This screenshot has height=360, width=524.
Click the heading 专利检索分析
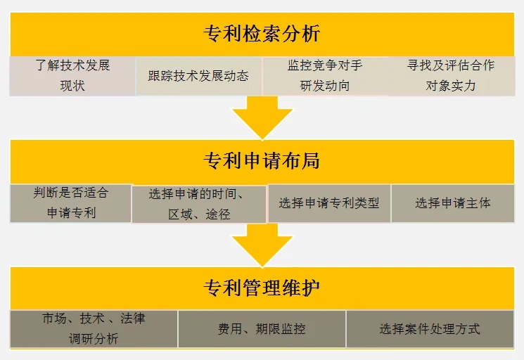tap(262, 32)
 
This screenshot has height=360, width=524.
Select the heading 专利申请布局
tap(262, 161)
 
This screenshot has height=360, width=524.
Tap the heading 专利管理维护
tap(262, 288)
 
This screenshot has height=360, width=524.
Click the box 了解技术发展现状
tap(72, 76)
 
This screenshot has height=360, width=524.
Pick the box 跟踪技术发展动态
tap(198, 76)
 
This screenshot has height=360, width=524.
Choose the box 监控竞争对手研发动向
tap(325, 76)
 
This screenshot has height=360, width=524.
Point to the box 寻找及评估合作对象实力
tap(451, 76)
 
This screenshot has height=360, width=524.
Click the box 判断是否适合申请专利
tap(70, 202)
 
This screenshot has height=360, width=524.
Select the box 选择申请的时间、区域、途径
tap(199, 204)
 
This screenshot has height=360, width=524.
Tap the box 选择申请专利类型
tap(329, 203)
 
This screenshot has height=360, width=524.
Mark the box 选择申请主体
tap(452, 203)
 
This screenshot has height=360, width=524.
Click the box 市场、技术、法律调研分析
tap(94, 328)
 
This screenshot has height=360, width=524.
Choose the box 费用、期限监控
tap(262, 328)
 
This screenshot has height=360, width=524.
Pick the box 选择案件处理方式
tap(430, 328)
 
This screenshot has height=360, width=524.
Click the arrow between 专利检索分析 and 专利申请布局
tap(262, 117)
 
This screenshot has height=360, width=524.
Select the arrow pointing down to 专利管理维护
tap(262, 245)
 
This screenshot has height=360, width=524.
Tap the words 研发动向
tap(325, 86)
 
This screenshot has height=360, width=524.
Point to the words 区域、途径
tap(199, 214)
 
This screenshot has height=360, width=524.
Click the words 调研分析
tap(94, 338)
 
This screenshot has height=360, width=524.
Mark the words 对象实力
tap(451, 86)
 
